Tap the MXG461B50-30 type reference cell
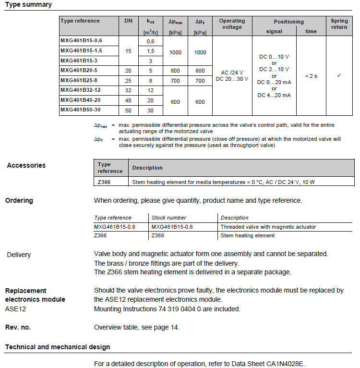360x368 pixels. tap(81, 110)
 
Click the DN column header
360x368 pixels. tap(128, 21)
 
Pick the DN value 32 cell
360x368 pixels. tap(128, 90)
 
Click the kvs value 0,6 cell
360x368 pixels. tap(150, 42)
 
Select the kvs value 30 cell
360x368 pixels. tap(150, 110)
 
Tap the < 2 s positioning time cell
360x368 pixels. tap(311, 76)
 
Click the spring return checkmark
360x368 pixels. tap(339, 76)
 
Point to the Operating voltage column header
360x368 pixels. tap(232, 24)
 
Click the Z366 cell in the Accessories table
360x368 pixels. tap(104, 182)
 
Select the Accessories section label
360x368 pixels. tap(26, 165)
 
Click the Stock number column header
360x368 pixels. tap(168, 218)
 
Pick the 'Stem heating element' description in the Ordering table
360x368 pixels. tap(247, 235)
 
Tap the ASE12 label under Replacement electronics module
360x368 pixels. tap(15, 309)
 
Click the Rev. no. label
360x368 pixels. tap(18, 327)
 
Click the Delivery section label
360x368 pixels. tap(19, 255)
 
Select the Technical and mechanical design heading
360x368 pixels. tap(58, 347)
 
